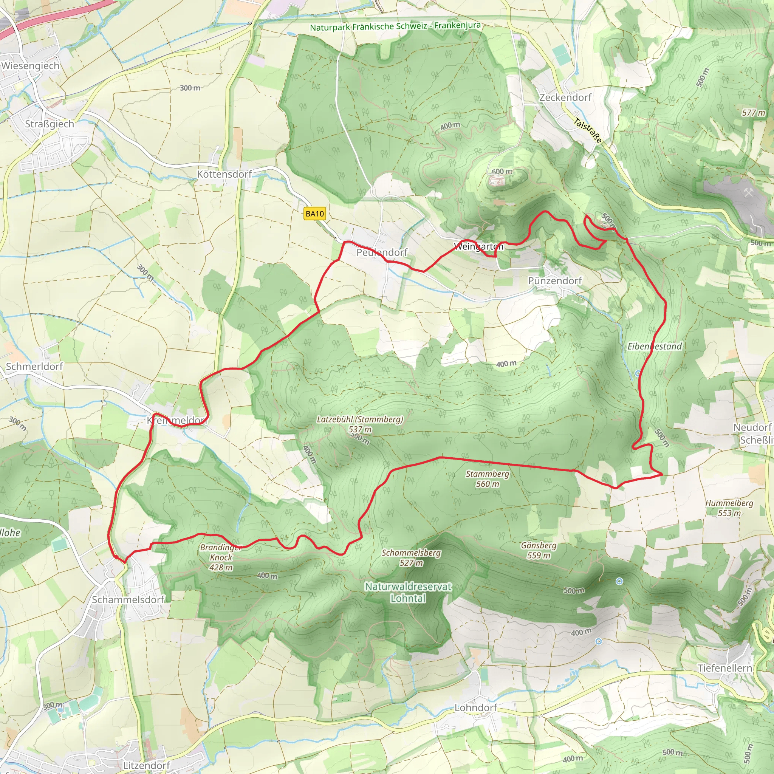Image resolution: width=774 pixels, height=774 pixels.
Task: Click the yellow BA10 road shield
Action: point(314,214)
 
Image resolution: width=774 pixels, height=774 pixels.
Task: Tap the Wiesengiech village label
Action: point(31,66)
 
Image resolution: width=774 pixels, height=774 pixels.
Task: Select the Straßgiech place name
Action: point(50,124)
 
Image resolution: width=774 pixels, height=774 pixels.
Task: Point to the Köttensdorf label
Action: point(224,174)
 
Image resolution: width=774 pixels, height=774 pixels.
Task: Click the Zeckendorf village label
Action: point(565,98)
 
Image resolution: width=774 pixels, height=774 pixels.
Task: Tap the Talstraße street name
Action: point(588,131)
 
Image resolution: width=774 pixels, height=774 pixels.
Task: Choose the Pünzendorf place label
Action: point(555,281)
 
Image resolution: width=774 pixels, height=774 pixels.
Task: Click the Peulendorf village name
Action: point(382,252)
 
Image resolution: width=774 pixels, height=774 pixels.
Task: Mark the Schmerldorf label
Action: point(34,366)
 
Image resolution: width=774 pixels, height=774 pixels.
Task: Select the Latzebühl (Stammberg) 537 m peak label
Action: point(360,424)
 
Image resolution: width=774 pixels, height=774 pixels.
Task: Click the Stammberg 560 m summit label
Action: point(488,479)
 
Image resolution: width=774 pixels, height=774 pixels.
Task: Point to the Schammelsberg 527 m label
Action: point(412,558)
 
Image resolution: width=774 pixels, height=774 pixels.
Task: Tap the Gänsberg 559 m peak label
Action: point(539,550)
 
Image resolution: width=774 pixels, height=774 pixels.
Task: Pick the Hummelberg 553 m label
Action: point(729,508)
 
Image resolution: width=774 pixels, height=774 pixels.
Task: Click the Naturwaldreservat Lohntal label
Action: point(408,592)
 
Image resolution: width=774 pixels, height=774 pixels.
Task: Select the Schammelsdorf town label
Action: point(128,599)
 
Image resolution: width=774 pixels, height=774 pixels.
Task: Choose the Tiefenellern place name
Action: point(725,668)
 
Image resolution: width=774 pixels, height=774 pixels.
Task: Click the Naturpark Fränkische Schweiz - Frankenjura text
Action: point(395,26)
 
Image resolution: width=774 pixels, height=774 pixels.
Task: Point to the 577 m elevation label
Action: point(754,113)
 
